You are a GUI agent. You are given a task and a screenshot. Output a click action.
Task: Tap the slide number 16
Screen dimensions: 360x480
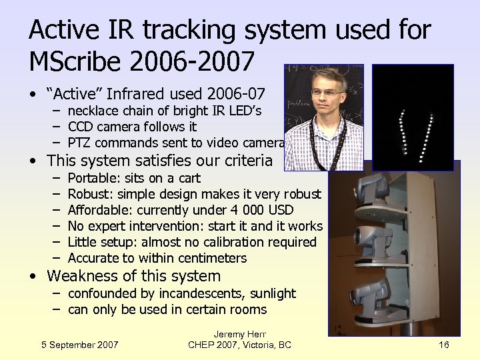tap(445, 345)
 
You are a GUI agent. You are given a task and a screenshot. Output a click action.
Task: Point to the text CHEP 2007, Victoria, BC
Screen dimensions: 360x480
tap(239, 345)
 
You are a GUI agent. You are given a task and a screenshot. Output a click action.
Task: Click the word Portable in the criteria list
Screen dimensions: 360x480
tap(92, 178)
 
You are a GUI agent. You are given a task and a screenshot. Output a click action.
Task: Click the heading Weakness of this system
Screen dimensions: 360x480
tap(133, 276)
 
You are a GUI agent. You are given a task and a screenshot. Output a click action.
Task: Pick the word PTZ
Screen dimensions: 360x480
tap(80, 143)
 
